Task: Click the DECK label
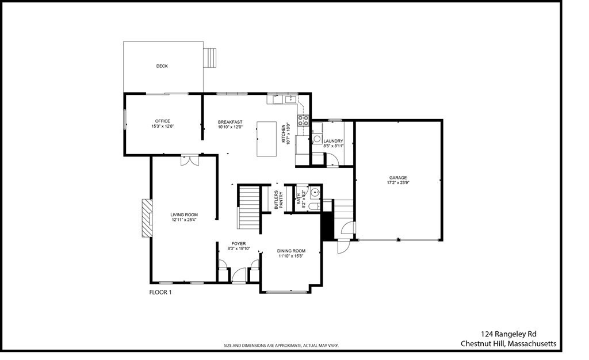click(162, 66)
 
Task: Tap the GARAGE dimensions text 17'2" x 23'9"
click(397, 183)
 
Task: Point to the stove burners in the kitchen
click(303, 121)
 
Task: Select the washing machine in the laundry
click(317, 139)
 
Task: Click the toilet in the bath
click(313, 206)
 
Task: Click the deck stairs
click(212, 58)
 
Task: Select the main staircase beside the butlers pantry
click(250, 207)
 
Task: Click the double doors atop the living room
click(189, 160)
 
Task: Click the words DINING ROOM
click(291, 251)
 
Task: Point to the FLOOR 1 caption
click(160, 292)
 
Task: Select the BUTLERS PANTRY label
click(278, 200)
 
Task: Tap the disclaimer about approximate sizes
click(281, 346)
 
